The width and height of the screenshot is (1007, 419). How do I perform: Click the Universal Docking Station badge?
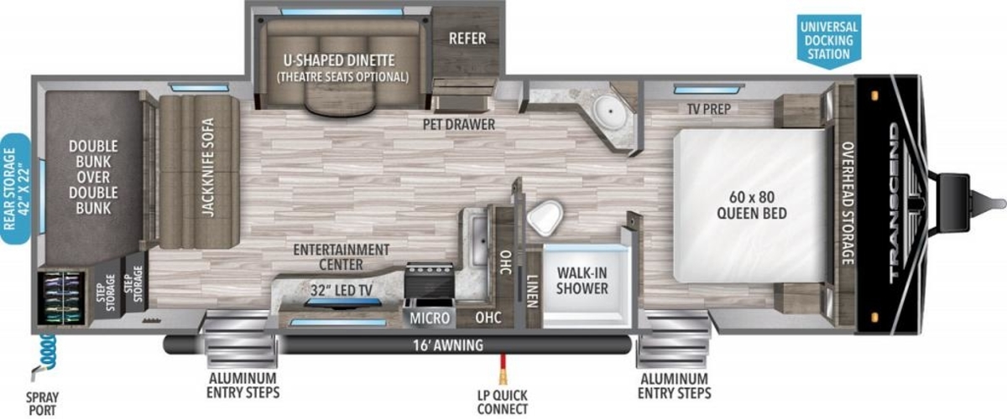coord(829,41)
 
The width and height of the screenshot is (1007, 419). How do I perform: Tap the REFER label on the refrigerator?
coord(467,39)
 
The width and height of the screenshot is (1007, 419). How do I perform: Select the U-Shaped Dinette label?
coord(339,60)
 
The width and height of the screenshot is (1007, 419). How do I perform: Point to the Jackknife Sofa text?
coord(208,167)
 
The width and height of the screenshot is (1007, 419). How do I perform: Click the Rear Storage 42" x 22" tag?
coord(16,189)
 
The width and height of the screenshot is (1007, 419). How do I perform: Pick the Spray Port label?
coord(42,404)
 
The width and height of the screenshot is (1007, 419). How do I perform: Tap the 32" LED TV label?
coord(342,290)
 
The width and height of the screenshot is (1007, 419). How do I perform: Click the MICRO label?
coord(430,318)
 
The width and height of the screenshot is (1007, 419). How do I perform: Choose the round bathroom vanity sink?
coord(611,110)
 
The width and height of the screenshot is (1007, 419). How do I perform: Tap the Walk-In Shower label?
coord(582,281)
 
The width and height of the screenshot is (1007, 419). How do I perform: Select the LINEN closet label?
coord(532,291)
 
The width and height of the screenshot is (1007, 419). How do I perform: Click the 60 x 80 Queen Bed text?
coord(752,204)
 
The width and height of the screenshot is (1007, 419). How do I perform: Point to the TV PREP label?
coord(709,109)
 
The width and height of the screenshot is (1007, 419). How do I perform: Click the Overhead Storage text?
coord(848,204)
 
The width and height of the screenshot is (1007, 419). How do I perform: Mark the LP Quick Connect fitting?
coord(503,370)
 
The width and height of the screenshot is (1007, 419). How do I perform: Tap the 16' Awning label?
coord(448,345)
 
